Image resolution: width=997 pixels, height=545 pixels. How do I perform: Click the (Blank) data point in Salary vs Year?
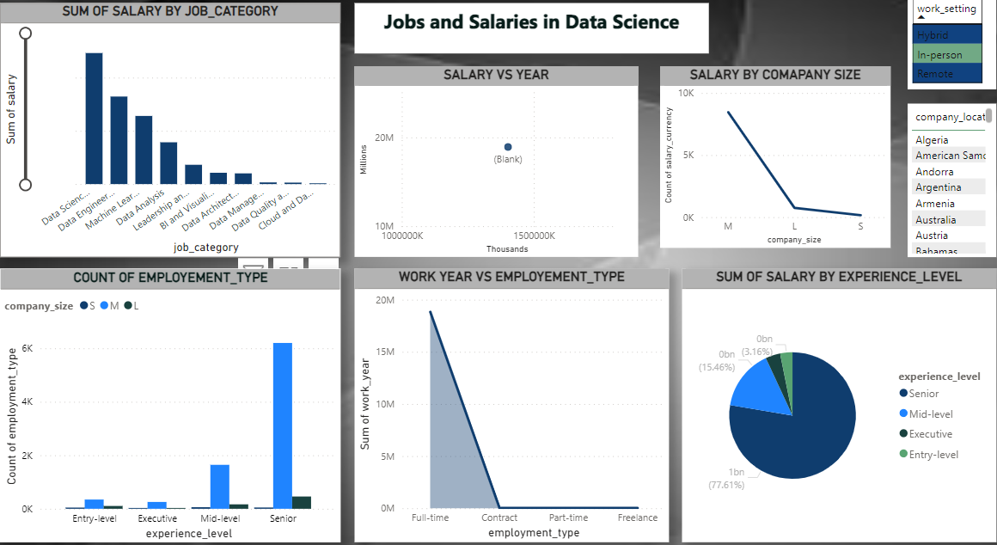pos(508,148)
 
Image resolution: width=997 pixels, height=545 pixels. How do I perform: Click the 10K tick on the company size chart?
pos(686,93)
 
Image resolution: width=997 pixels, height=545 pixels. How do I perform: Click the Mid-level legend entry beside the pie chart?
pos(930,413)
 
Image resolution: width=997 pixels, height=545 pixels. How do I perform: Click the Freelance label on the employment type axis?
pos(637,517)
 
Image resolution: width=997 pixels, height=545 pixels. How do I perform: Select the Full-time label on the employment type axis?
pos(430,517)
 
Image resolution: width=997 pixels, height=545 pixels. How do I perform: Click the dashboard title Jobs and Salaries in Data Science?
pos(531,23)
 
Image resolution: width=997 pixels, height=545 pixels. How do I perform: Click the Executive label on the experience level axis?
pos(157,518)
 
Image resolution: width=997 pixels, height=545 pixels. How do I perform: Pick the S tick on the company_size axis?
pos(860,226)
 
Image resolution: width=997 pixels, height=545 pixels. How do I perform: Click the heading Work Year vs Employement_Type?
pos(511,278)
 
